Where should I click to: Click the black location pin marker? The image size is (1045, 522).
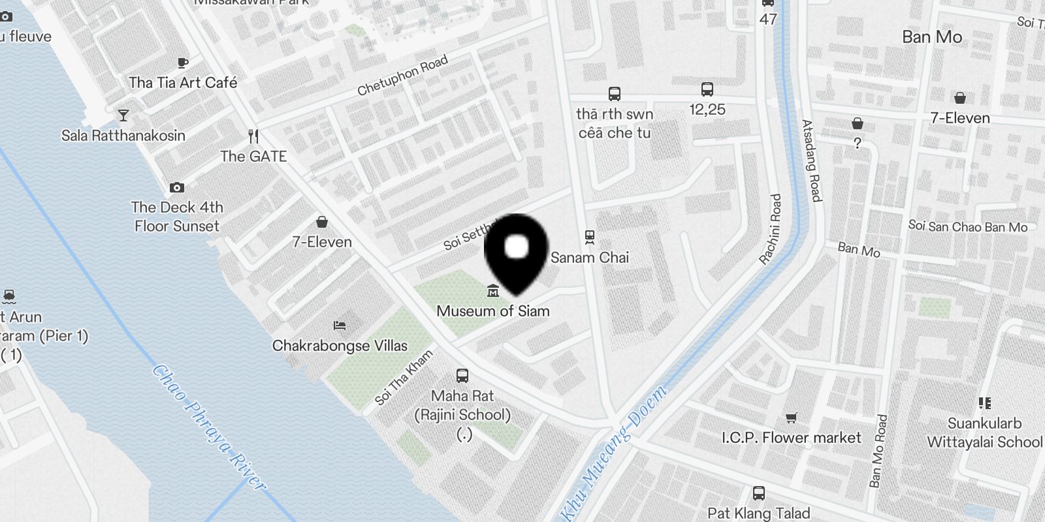tap(516, 251)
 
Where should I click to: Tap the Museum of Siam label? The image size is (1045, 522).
tap(493, 311)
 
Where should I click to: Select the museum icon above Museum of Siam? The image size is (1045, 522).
tap(493, 290)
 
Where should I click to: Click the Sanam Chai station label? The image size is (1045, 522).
tap(590, 258)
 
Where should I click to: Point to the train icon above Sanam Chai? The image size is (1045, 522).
tap(590, 236)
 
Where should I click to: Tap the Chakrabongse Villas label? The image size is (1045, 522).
tap(340, 346)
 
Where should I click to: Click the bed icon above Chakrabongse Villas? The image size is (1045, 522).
tap(339, 325)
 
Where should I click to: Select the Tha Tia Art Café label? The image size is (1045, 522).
tap(183, 83)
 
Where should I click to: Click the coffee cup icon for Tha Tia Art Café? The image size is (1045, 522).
tap(183, 63)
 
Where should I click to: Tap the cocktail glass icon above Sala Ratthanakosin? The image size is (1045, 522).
tap(123, 115)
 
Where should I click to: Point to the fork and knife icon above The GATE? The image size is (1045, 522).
tap(254, 136)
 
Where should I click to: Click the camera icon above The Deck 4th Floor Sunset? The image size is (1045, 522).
tap(177, 188)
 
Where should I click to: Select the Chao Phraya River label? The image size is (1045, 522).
tap(209, 427)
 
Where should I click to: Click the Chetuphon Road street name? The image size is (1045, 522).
tap(402, 75)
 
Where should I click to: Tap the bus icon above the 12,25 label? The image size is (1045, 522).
tap(707, 89)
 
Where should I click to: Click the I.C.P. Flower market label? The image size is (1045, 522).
tap(791, 438)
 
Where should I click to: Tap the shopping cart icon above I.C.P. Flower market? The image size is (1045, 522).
tap(791, 418)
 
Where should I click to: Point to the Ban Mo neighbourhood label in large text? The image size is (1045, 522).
tap(932, 37)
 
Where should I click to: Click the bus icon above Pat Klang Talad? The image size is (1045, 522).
tap(759, 493)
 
